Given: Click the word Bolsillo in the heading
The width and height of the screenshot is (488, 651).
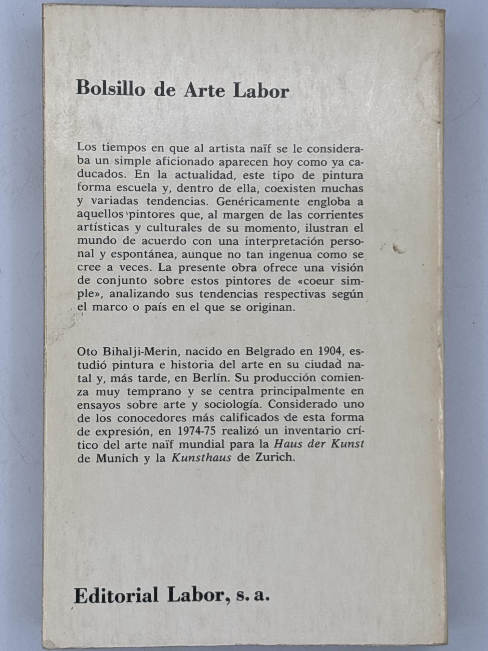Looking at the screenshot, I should [110, 89].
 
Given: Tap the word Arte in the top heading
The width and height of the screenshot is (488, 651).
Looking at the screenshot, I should [204, 90].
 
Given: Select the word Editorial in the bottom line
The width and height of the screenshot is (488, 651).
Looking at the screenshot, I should [116, 595].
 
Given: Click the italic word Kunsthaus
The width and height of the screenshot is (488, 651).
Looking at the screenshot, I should [201, 457].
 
